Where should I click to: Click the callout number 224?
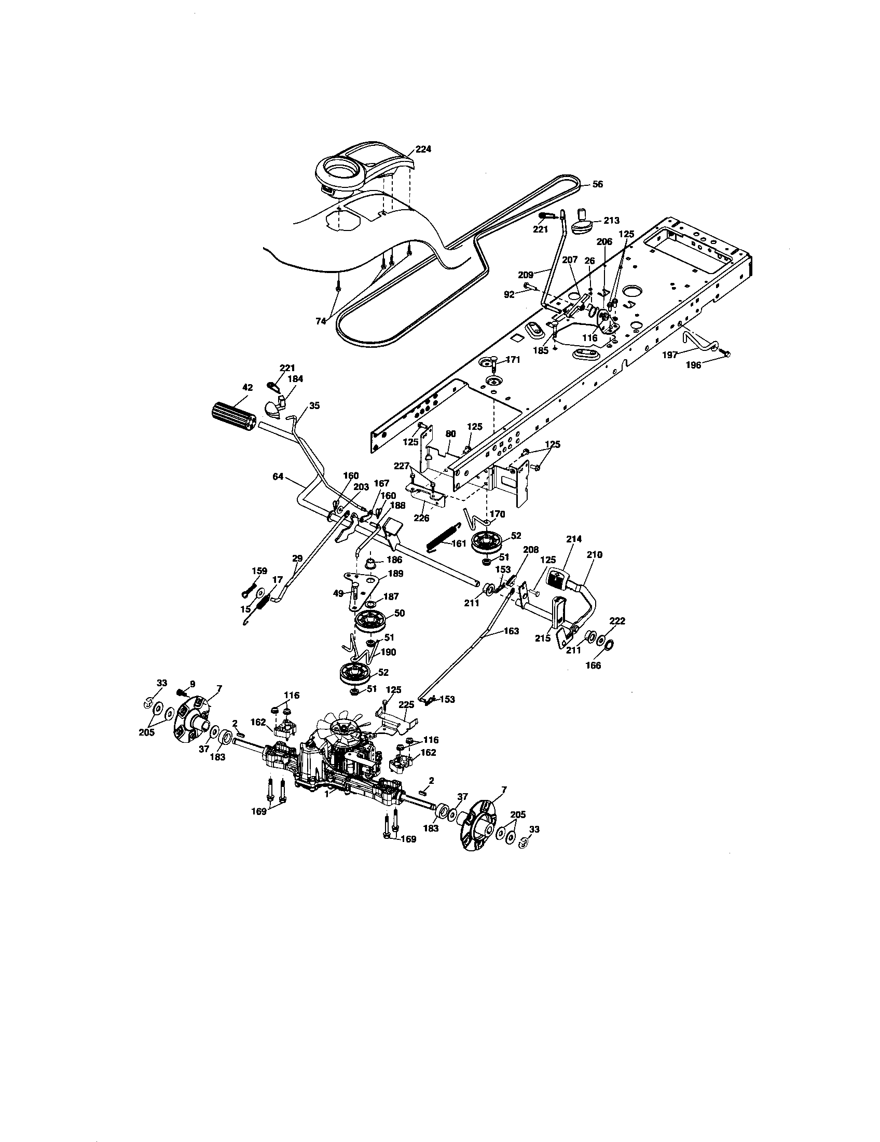pyautogui.click(x=423, y=149)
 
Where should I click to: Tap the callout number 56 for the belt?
pyautogui.click(x=597, y=184)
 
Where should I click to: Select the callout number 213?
pyautogui.click(x=611, y=221)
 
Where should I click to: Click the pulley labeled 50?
pyautogui.click(x=372, y=622)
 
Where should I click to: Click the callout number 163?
pyautogui.click(x=511, y=631)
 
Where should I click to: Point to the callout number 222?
pyautogui.click(x=617, y=621)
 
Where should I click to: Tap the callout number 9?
pyautogui.click(x=192, y=684)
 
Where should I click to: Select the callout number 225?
pyautogui.click(x=406, y=704)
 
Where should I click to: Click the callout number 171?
pyautogui.click(x=513, y=360)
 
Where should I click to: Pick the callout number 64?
pyautogui.click(x=279, y=477)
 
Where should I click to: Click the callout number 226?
pyautogui.click(x=421, y=518)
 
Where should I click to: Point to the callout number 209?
pyautogui.click(x=526, y=274)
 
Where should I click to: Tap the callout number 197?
pyautogui.click(x=670, y=355)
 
